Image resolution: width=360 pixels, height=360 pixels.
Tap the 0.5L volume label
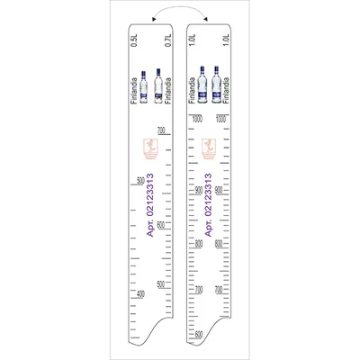pyautogui.click(x=135, y=41)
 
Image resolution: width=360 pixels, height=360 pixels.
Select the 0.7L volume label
pyautogui.click(x=168, y=41)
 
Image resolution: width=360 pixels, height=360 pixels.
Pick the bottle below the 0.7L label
pyautogui.click(x=160, y=84)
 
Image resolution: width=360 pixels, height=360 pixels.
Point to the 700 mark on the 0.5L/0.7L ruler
pyautogui.click(x=161, y=131)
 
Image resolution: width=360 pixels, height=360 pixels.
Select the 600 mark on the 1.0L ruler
pyautogui.click(x=198, y=334)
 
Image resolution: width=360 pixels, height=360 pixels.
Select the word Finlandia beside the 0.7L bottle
pyautogui.click(x=168, y=91)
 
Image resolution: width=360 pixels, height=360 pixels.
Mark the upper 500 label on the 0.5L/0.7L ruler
pyautogui.click(x=139, y=181)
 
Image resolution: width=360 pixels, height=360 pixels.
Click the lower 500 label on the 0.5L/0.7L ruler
pyautogui.click(x=161, y=285)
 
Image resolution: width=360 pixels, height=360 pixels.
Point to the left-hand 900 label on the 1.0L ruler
pyautogui.click(x=198, y=190)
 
